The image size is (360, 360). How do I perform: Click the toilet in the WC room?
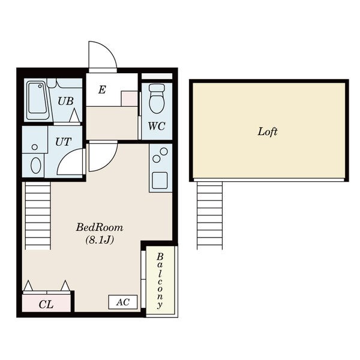click(157, 98)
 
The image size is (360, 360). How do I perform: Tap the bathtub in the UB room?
click(38, 101)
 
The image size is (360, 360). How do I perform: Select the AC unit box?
click(123, 302)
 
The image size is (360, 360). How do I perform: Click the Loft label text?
click(268, 132)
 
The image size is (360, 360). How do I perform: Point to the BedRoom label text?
click(100, 227)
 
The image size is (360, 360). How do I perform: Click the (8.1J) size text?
click(100, 240)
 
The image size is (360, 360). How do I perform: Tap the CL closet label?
click(46, 305)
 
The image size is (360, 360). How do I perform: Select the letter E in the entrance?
click(102, 90)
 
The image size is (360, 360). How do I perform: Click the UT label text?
click(63, 142)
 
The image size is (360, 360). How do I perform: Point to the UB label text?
click(65, 101)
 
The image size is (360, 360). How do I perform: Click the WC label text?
click(157, 126)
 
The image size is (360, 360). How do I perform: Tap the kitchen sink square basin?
click(160, 181)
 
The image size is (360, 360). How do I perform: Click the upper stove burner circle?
click(164, 151)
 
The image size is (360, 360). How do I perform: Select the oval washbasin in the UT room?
click(36, 165)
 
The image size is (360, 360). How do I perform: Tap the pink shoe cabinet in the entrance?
click(129, 98)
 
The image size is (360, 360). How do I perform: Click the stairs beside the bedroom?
click(38, 216)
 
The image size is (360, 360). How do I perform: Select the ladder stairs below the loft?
click(209, 215)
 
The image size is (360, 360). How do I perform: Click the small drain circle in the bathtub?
click(40, 86)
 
